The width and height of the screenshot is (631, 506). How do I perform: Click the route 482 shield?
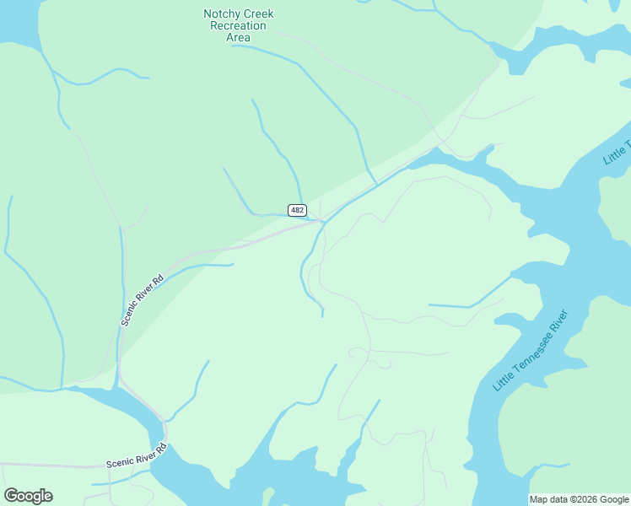click(x=297, y=210)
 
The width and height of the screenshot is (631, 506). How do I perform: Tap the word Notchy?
click(x=221, y=14)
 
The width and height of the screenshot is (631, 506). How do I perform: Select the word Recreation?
click(x=239, y=26)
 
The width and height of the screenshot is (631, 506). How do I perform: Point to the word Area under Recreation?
click(x=239, y=37)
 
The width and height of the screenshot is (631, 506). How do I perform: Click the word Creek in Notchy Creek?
click(x=258, y=14)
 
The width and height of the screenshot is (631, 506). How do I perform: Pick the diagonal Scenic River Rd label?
click(x=141, y=299)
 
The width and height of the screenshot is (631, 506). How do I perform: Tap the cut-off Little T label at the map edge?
click(x=618, y=150)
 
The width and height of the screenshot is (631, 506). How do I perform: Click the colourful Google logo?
click(x=28, y=496)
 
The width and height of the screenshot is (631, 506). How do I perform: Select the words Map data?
click(x=549, y=499)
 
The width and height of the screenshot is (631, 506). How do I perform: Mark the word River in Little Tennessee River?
click(x=558, y=322)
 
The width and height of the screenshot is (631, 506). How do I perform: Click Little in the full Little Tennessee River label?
click(x=502, y=383)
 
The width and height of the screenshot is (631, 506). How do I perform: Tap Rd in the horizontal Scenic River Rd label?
click(x=162, y=449)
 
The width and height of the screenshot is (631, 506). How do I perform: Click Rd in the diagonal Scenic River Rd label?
click(x=157, y=280)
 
